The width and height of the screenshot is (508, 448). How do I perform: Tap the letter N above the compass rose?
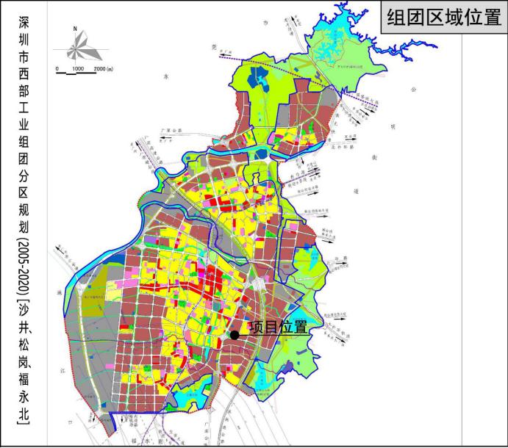click(75, 29)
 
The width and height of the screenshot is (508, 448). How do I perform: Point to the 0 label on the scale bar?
click(57, 68)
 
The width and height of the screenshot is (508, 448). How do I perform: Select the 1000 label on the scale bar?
click(78, 68)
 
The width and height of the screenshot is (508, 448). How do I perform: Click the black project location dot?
click(235, 335)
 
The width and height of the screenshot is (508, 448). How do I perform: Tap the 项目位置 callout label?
click(278, 328)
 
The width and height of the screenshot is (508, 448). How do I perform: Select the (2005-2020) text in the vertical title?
click(22, 265)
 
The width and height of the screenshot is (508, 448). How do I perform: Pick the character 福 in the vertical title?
click(22, 377)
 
